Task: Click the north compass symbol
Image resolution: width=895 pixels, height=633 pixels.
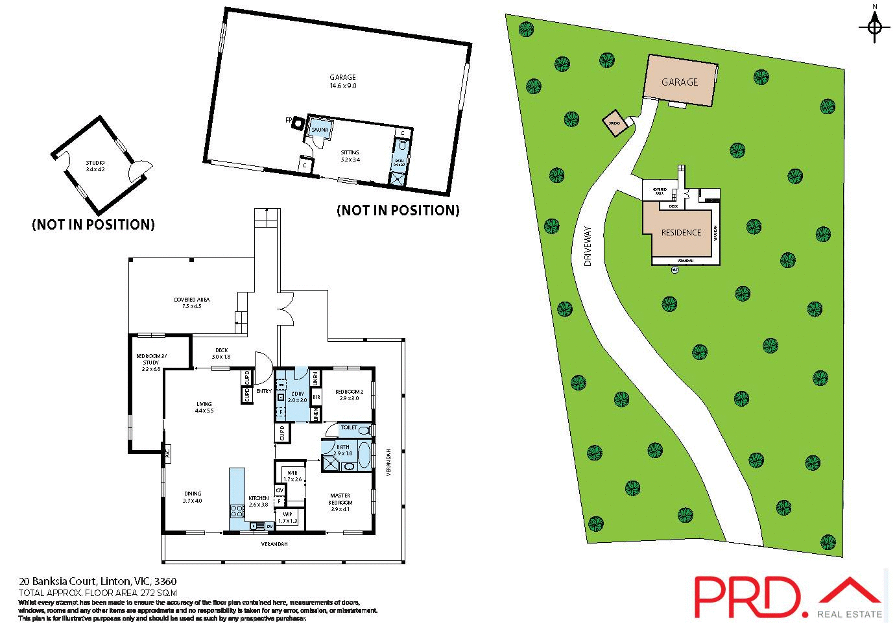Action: coord(874,27)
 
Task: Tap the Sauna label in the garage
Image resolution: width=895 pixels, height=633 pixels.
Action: coord(320,130)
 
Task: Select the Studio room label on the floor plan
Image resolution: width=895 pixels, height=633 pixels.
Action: coord(95,166)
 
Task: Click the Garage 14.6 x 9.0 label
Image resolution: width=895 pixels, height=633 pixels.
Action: coord(343,81)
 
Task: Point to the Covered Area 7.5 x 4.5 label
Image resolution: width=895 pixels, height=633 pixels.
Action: coord(191,303)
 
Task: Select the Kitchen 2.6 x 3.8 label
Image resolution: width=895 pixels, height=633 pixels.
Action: coord(258,501)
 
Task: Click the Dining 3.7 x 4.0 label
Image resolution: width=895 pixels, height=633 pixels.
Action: coord(192,497)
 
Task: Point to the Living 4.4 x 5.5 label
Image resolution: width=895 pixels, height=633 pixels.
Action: coord(204,407)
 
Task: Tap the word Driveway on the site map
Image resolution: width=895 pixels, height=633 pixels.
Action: coord(588,246)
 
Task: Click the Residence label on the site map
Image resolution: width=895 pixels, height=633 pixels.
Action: coord(681,232)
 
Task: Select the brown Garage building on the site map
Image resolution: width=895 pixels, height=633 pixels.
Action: coord(680,82)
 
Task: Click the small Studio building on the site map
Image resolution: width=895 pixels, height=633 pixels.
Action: coord(614,122)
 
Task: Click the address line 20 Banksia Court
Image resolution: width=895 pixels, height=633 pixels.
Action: coord(97,581)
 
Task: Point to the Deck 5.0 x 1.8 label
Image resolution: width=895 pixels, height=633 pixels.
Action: coord(222,353)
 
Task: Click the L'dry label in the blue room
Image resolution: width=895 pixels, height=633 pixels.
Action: coord(298,397)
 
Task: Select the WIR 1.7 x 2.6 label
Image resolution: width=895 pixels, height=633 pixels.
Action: coord(292,476)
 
